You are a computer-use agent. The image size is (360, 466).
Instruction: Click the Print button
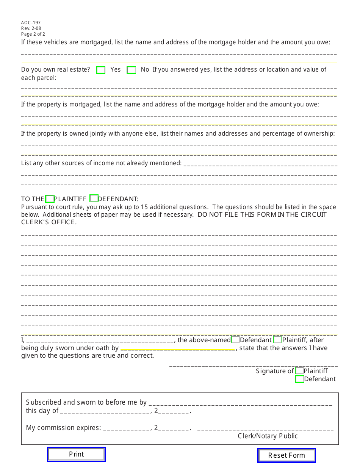point(76,454)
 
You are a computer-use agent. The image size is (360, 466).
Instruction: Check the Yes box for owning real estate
point(101,70)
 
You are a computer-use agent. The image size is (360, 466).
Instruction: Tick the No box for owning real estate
point(131,70)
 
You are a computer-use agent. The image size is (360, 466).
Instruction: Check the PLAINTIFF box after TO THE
point(50,199)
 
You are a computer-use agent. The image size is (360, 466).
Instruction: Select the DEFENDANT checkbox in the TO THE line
point(94,199)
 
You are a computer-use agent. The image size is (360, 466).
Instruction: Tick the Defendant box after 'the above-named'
point(235,340)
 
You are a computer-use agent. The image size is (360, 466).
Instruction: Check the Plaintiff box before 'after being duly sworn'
point(277,340)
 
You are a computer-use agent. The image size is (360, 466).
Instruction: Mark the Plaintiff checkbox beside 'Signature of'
point(299,371)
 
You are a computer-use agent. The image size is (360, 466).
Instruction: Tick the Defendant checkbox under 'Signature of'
point(299,379)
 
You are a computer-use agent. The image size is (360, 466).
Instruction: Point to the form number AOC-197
point(31,23)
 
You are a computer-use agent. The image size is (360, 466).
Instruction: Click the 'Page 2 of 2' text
point(33,34)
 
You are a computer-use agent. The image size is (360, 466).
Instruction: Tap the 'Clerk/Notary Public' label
point(268,436)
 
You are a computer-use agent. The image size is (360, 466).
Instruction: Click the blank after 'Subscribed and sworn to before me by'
point(240,402)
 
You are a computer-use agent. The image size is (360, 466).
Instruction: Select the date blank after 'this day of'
point(105,411)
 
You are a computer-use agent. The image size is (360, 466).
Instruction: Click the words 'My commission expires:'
point(63,428)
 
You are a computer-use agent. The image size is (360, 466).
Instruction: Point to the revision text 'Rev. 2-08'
point(31,28)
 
